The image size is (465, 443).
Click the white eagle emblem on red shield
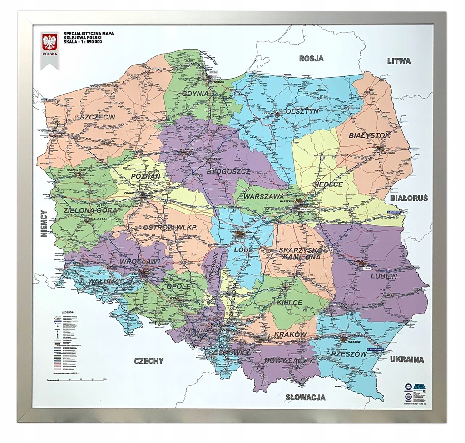coord(49,42)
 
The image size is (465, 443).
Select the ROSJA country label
coord(311,59)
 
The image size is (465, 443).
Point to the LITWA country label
coord(398,60)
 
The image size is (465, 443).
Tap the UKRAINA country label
coord(406,359)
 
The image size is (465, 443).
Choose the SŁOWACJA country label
coord(305,398)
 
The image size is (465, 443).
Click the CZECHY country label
coord(148,361)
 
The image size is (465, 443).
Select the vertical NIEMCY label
coord(44,224)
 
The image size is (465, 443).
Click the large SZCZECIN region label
coord(97,117)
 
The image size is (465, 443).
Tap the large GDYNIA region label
coord(195,94)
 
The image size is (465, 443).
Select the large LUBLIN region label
coord(383,276)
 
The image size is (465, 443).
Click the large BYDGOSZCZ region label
coord(228,172)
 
